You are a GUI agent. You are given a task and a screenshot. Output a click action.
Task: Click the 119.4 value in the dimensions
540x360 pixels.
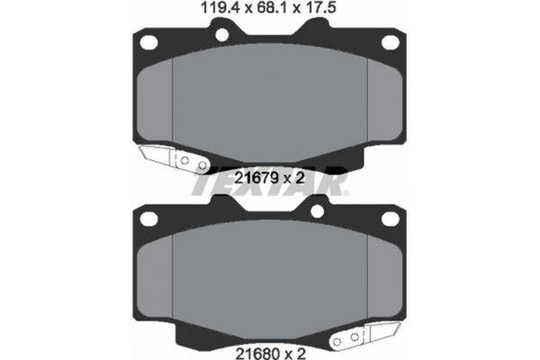pyautogui.click(x=217, y=11)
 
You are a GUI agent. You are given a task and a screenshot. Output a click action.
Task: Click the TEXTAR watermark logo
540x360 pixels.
pyautogui.click(x=269, y=184)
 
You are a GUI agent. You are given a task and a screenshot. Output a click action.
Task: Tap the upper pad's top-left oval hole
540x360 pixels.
pyautogui.click(x=149, y=42)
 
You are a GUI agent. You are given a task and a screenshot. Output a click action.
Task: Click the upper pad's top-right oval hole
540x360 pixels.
pyautogui.click(x=390, y=42)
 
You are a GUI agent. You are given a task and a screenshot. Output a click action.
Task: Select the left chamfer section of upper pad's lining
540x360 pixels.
pyautogui.click(x=155, y=99)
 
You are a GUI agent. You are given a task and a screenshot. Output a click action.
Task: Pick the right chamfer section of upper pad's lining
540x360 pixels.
pyautogui.click(x=384, y=99)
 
